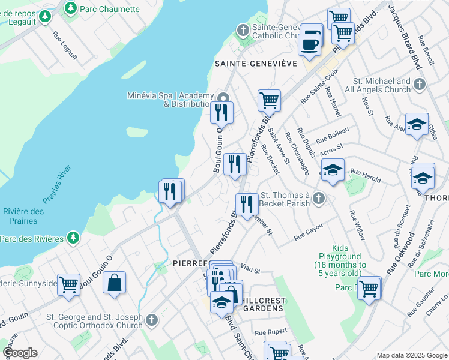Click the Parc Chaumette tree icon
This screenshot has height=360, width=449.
coord(71,8)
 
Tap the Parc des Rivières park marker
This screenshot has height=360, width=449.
coord(73,238)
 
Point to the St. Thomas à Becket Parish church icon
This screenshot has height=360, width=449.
coord(319,197)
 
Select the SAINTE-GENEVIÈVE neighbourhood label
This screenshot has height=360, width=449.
coord(256,63)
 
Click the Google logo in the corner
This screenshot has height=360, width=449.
coord(20,353)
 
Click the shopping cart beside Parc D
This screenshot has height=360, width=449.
coord(369,287)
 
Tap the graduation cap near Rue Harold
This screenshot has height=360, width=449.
coord(333,169)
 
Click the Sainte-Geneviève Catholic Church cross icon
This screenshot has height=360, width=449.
coord(243,29)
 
